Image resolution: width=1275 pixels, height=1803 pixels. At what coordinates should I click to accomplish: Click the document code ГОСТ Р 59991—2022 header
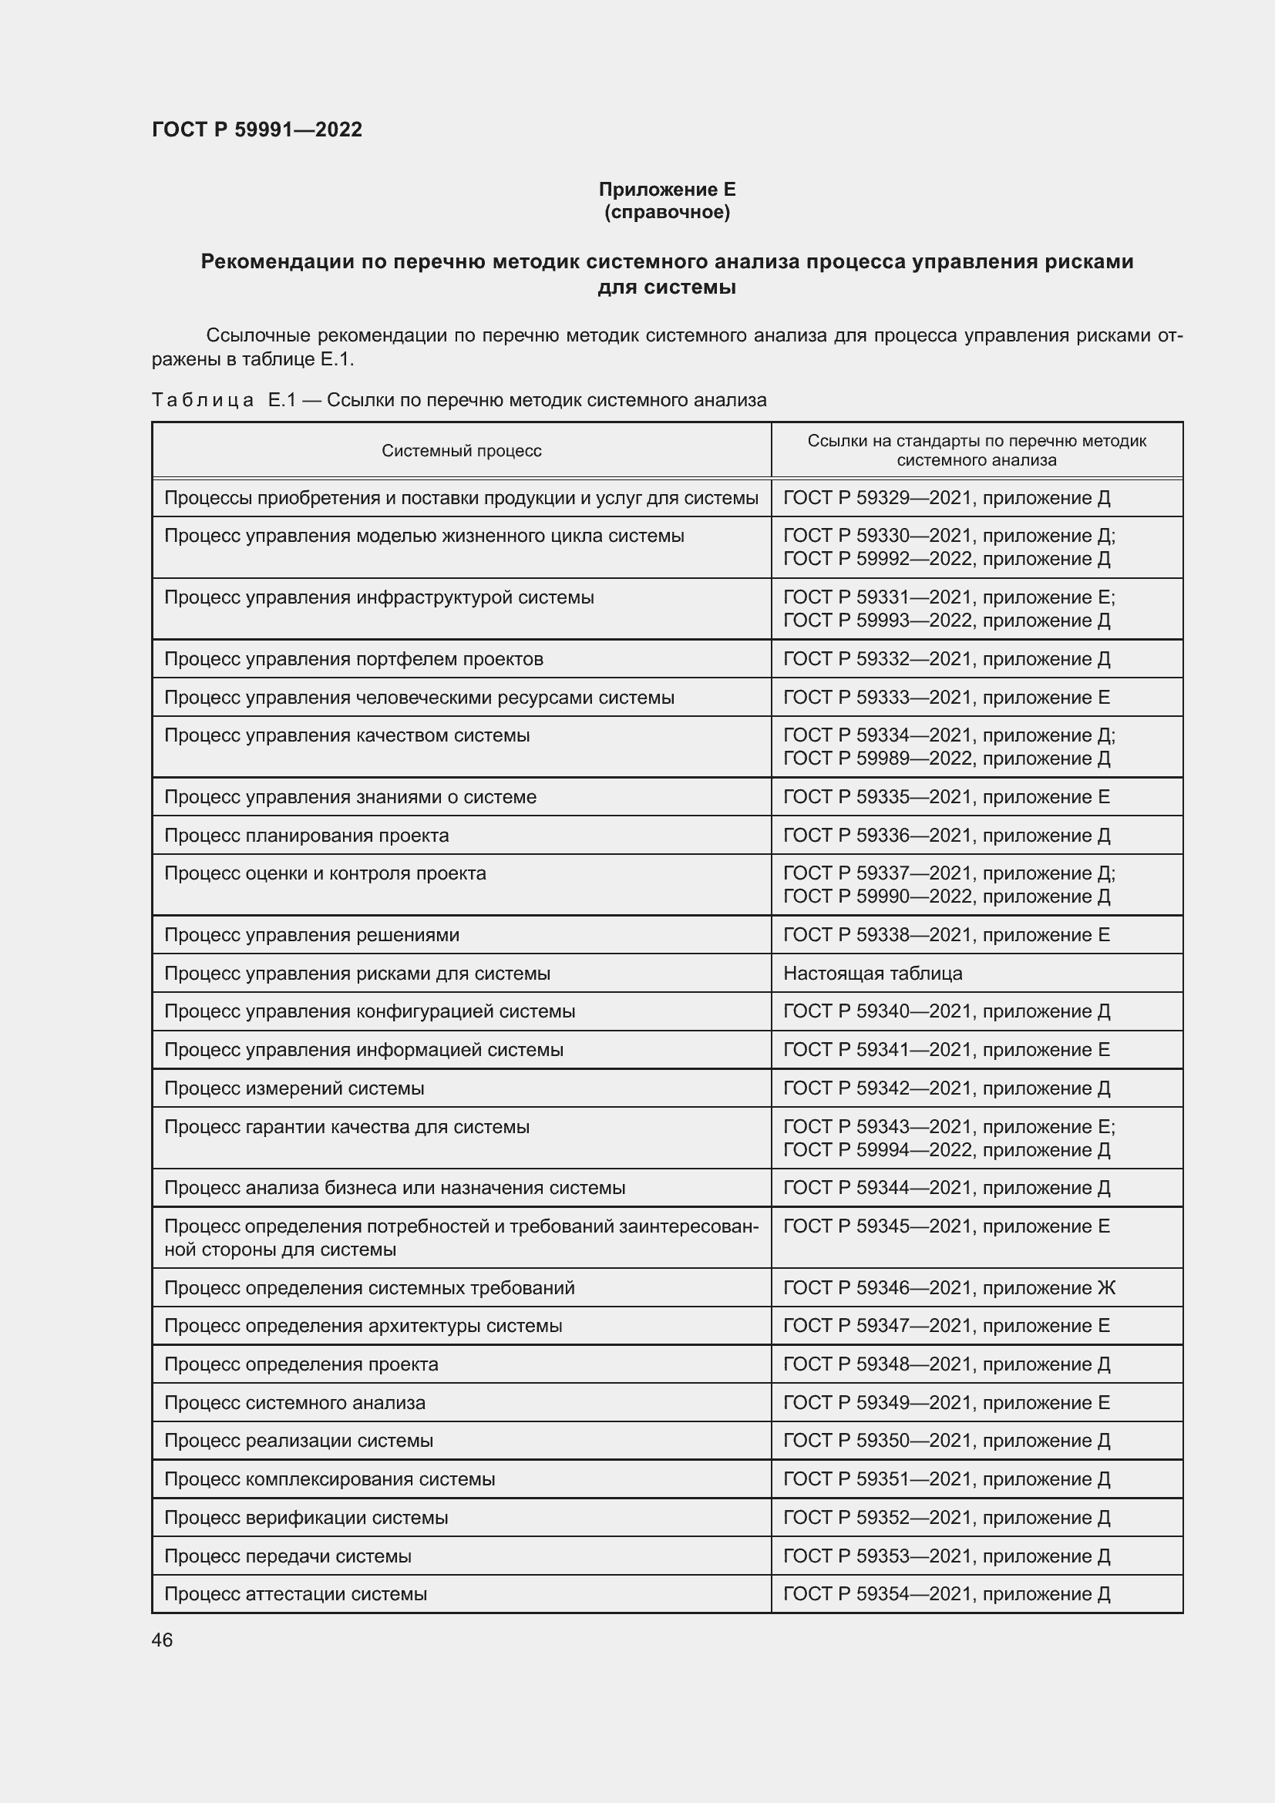point(257,130)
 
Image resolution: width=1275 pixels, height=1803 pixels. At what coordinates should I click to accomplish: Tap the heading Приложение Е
point(667,190)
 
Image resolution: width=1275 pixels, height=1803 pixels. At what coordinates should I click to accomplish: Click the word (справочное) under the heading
point(667,212)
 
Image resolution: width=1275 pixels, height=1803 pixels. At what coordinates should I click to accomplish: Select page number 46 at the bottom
point(162,1640)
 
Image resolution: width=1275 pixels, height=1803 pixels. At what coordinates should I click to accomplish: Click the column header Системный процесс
point(461,451)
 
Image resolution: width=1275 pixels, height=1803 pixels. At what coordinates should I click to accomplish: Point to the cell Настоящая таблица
point(873,973)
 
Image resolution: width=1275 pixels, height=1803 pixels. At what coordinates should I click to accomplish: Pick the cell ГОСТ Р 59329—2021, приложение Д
point(946,498)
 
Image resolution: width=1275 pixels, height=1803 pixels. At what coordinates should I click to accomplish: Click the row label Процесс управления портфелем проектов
point(353,659)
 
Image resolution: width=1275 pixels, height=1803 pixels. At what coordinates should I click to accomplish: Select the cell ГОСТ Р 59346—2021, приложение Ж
point(948,1288)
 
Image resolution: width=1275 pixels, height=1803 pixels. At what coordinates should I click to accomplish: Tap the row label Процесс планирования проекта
point(306,836)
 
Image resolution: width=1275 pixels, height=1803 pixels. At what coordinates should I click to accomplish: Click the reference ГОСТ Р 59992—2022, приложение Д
point(946,559)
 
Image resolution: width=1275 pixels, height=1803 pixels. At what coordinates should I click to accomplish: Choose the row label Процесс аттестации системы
point(295,1594)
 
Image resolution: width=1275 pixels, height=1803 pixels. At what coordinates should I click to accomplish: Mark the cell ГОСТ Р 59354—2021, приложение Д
point(946,1594)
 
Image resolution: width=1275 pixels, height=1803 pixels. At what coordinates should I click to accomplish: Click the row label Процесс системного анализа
point(294,1402)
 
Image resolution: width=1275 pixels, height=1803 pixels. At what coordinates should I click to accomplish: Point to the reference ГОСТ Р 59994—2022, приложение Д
point(946,1149)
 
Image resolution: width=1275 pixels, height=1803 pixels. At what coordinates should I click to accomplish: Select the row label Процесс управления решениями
point(311,935)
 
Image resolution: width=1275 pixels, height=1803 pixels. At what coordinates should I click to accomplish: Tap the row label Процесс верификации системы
point(305,1517)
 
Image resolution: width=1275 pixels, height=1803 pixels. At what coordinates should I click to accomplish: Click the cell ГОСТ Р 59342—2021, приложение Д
point(946,1088)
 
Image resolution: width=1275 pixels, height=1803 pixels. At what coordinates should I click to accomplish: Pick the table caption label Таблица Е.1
point(224,401)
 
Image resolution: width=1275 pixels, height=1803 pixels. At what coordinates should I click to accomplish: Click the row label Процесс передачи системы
point(288,1556)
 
